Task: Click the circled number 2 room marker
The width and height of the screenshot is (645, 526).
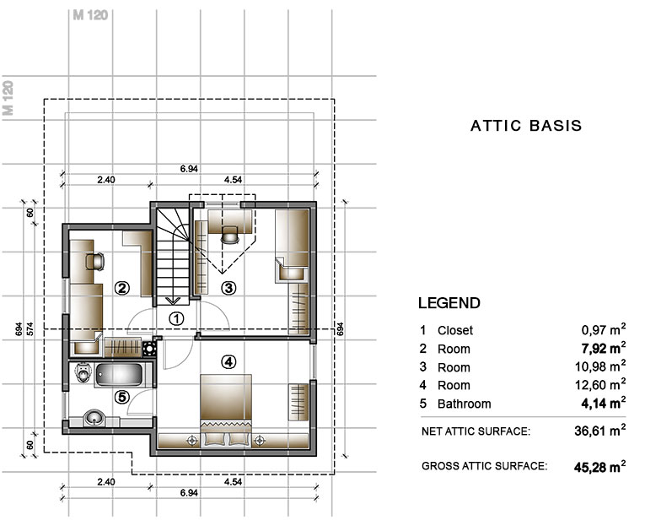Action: (121, 288)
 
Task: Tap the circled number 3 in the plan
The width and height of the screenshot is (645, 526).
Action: (228, 288)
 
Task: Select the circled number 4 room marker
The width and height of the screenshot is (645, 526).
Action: (228, 362)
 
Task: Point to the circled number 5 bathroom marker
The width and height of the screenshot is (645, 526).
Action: (121, 397)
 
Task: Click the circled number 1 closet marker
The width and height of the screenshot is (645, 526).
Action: (176, 318)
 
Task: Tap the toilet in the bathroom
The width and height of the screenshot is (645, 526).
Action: (83, 372)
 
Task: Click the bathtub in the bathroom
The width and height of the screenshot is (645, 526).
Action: (119, 375)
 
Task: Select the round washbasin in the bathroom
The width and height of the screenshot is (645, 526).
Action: (95, 419)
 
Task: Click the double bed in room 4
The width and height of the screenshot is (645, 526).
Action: (226, 409)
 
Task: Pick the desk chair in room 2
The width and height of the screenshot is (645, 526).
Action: (95, 262)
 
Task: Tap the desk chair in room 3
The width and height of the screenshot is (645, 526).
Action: (229, 235)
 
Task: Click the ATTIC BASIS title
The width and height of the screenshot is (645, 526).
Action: (526, 126)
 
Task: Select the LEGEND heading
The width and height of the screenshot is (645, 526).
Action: (449, 303)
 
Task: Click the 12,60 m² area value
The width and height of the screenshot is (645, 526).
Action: (600, 385)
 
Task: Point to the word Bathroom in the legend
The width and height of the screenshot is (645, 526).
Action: (464, 404)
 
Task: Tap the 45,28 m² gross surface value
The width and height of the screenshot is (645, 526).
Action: (599, 467)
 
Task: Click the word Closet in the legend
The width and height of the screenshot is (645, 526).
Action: (455, 330)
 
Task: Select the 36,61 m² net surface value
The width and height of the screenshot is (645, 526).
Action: (600, 431)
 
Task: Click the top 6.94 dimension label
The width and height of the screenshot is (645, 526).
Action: (189, 169)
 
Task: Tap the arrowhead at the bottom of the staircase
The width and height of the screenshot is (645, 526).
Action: (173, 301)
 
